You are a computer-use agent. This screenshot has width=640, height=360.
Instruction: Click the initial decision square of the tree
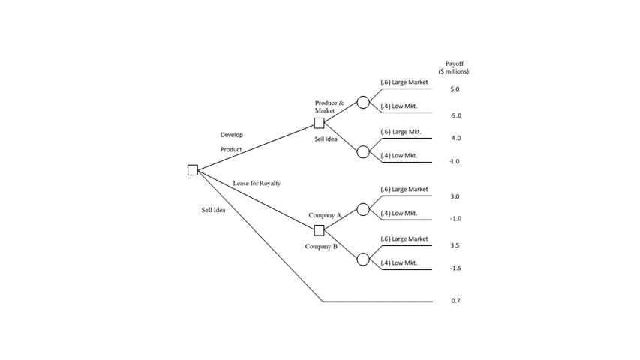[193, 170]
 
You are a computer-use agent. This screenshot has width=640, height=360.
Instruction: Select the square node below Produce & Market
[319, 124]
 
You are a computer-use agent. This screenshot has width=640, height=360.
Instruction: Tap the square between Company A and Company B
[319, 230]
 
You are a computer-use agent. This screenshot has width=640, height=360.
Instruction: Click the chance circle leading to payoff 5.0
[363, 102]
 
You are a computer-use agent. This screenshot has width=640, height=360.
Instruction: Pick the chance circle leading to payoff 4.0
[363, 151]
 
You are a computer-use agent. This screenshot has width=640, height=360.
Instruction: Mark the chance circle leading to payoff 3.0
[363, 209]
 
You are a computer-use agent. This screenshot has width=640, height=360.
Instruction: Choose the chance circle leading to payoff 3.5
[363, 259]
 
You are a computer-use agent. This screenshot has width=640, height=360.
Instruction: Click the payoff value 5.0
[455, 89]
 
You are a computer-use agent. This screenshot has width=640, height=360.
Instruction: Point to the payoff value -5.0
[455, 115]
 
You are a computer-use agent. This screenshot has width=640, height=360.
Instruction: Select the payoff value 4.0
[455, 139]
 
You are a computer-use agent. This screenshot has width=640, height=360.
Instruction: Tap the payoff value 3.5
[455, 245]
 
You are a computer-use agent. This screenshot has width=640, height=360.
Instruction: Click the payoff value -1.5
[455, 268]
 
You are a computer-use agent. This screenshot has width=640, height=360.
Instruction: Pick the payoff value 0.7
[455, 301]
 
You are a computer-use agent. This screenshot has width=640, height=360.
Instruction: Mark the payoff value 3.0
[455, 196]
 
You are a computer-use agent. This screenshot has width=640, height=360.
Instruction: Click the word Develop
[231, 135]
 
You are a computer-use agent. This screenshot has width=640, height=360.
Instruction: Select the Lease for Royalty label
[257, 183]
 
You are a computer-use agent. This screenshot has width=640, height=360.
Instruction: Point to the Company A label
[325, 215]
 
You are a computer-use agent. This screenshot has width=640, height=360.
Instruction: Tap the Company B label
[321, 246]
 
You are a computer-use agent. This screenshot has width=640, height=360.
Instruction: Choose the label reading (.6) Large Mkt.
[401, 132]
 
